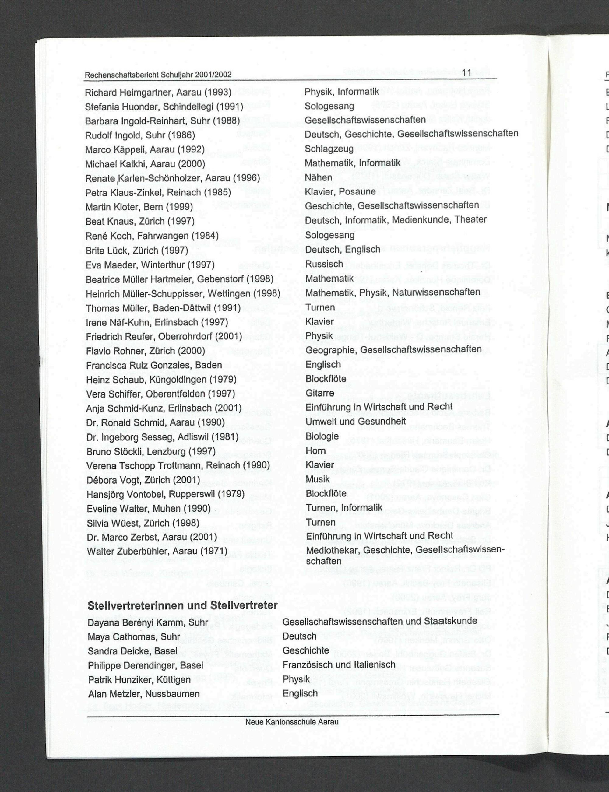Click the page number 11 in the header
click(x=466, y=73)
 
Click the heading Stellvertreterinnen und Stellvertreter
click(x=183, y=605)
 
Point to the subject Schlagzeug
click(x=329, y=149)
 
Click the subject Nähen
click(x=318, y=177)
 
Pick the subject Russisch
click(x=324, y=264)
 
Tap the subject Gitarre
click(x=320, y=393)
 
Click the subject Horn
click(x=315, y=451)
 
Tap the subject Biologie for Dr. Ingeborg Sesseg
click(x=322, y=436)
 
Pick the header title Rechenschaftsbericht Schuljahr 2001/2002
click(x=158, y=75)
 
